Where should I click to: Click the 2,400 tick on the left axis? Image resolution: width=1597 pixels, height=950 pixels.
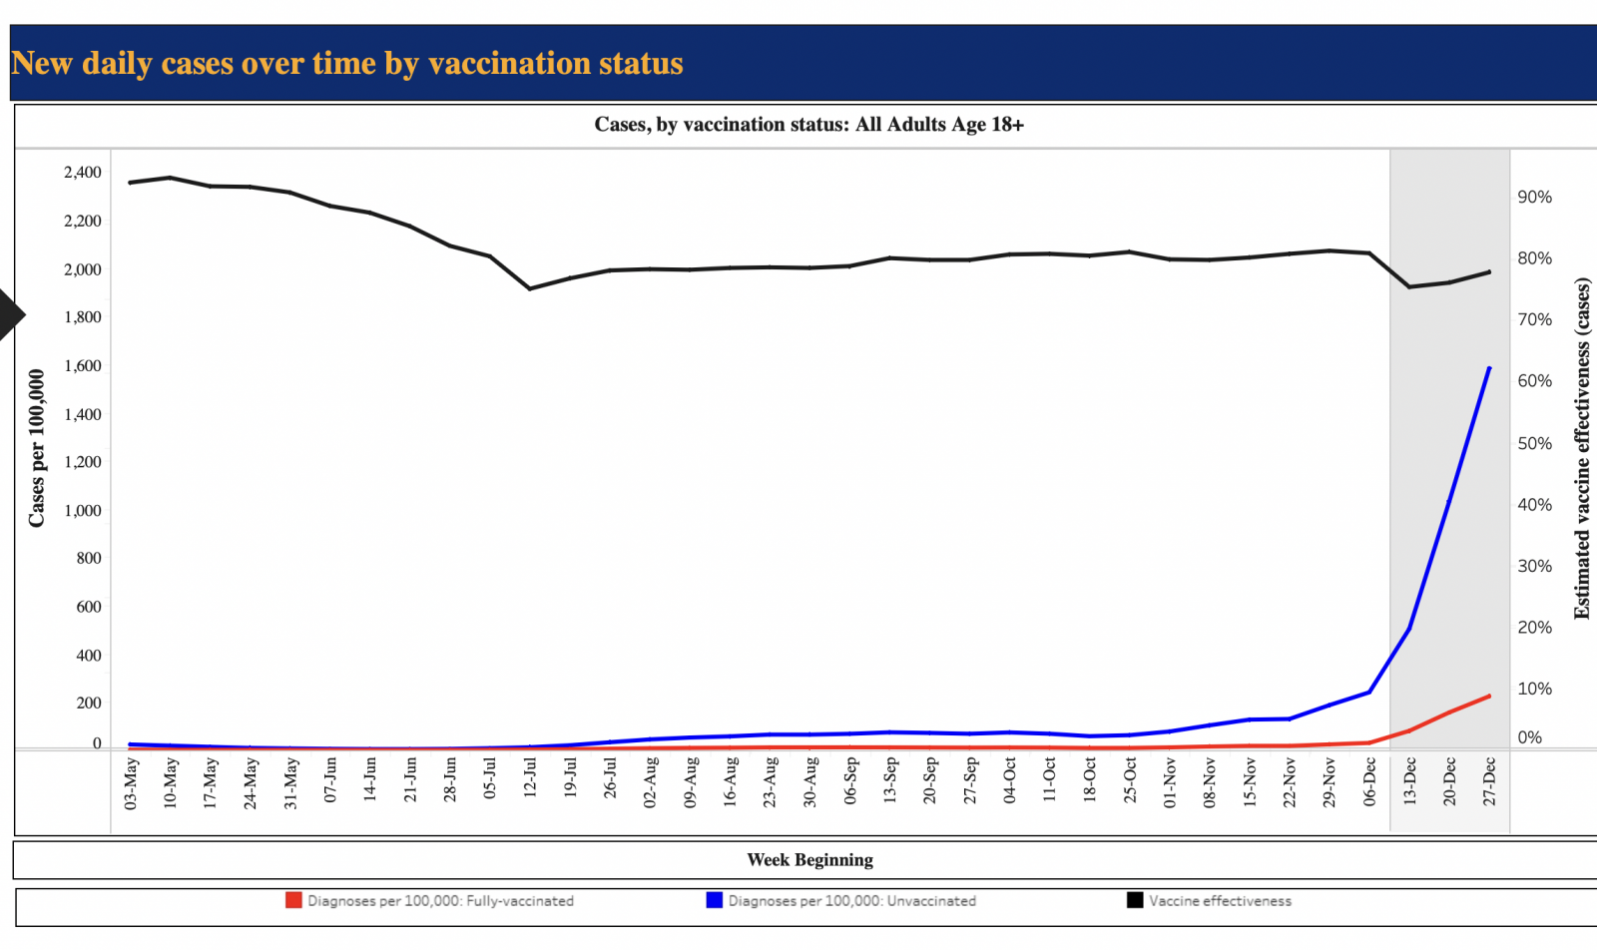pyautogui.click(x=83, y=173)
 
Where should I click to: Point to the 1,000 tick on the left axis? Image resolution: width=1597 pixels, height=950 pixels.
pyautogui.click(x=83, y=511)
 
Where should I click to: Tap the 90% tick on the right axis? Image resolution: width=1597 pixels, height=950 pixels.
pyautogui.click(x=1534, y=198)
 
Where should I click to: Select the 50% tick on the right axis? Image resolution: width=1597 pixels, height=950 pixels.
pyautogui.click(x=1534, y=444)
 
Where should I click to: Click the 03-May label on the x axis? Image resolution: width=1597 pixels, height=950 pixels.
pyautogui.click(x=131, y=783)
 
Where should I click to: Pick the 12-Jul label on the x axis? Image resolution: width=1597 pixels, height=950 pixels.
pyautogui.click(x=530, y=777)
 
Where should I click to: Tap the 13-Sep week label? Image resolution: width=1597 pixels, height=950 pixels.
pyautogui.click(x=889, y=779)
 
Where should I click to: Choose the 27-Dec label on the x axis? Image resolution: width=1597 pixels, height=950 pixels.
pyautogui.click(x=1489, y=781)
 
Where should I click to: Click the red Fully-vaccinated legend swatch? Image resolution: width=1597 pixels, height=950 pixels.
pyautogui.click(x=293, y=900)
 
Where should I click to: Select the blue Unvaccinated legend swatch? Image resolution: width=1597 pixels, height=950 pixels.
pyautogui.click(x=714, y=900)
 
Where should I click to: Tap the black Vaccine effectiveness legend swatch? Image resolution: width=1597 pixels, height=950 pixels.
pyautogui.click(x=1135, y=900)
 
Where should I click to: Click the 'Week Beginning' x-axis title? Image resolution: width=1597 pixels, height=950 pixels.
pyautogui.click(x=809, y=860)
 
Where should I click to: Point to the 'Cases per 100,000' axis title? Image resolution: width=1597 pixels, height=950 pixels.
pyautogui.click(x=37, y=448)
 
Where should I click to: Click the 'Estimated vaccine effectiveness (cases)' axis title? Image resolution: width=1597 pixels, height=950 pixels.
pyautogui.click(x=1582, y=449)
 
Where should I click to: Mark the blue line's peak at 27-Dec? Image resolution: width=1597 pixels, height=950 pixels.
pyautogui.click(x=1489, y=368)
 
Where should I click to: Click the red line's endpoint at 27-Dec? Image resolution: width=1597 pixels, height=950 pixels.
pyautogui.click(x=1489, y=696)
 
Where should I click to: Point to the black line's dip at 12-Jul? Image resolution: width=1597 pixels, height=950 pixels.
pyautogui.click(x=530, y=288)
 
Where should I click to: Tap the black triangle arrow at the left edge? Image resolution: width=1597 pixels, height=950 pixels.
pyautogui.click(x=10, y=314)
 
